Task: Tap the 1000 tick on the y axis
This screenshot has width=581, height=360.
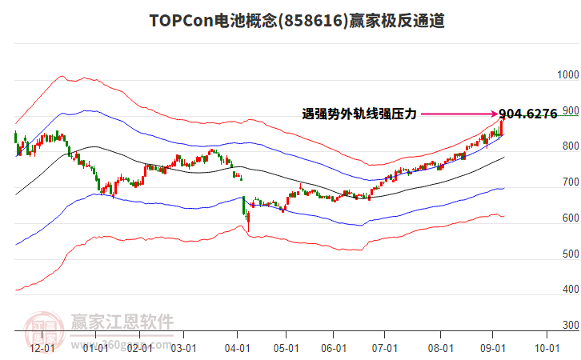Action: pyautogui.click(x=567, y=75)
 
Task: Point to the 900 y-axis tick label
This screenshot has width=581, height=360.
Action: pyautogui.click(x=570, y=111)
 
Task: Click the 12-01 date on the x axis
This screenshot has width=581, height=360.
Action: pyautogui.click(x=42, y=349)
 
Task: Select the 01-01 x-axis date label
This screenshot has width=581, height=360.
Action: pyautogui.click(x=95, y=349)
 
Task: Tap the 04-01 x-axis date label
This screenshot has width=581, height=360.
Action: pyautogui.click(x=237, y=349)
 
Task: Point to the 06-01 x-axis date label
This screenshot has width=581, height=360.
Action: pyautogui.click(x=334, y=349)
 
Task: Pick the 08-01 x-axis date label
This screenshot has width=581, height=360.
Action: pyautogui.click(x=440, y=349)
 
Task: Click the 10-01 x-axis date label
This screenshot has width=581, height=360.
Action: pyautogui.click(x=547, y=349)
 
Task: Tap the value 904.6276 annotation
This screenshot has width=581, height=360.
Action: pyautogui.click(x=528, y=114)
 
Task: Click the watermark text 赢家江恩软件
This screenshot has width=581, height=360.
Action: pyautogui.click(x=122, y=322)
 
